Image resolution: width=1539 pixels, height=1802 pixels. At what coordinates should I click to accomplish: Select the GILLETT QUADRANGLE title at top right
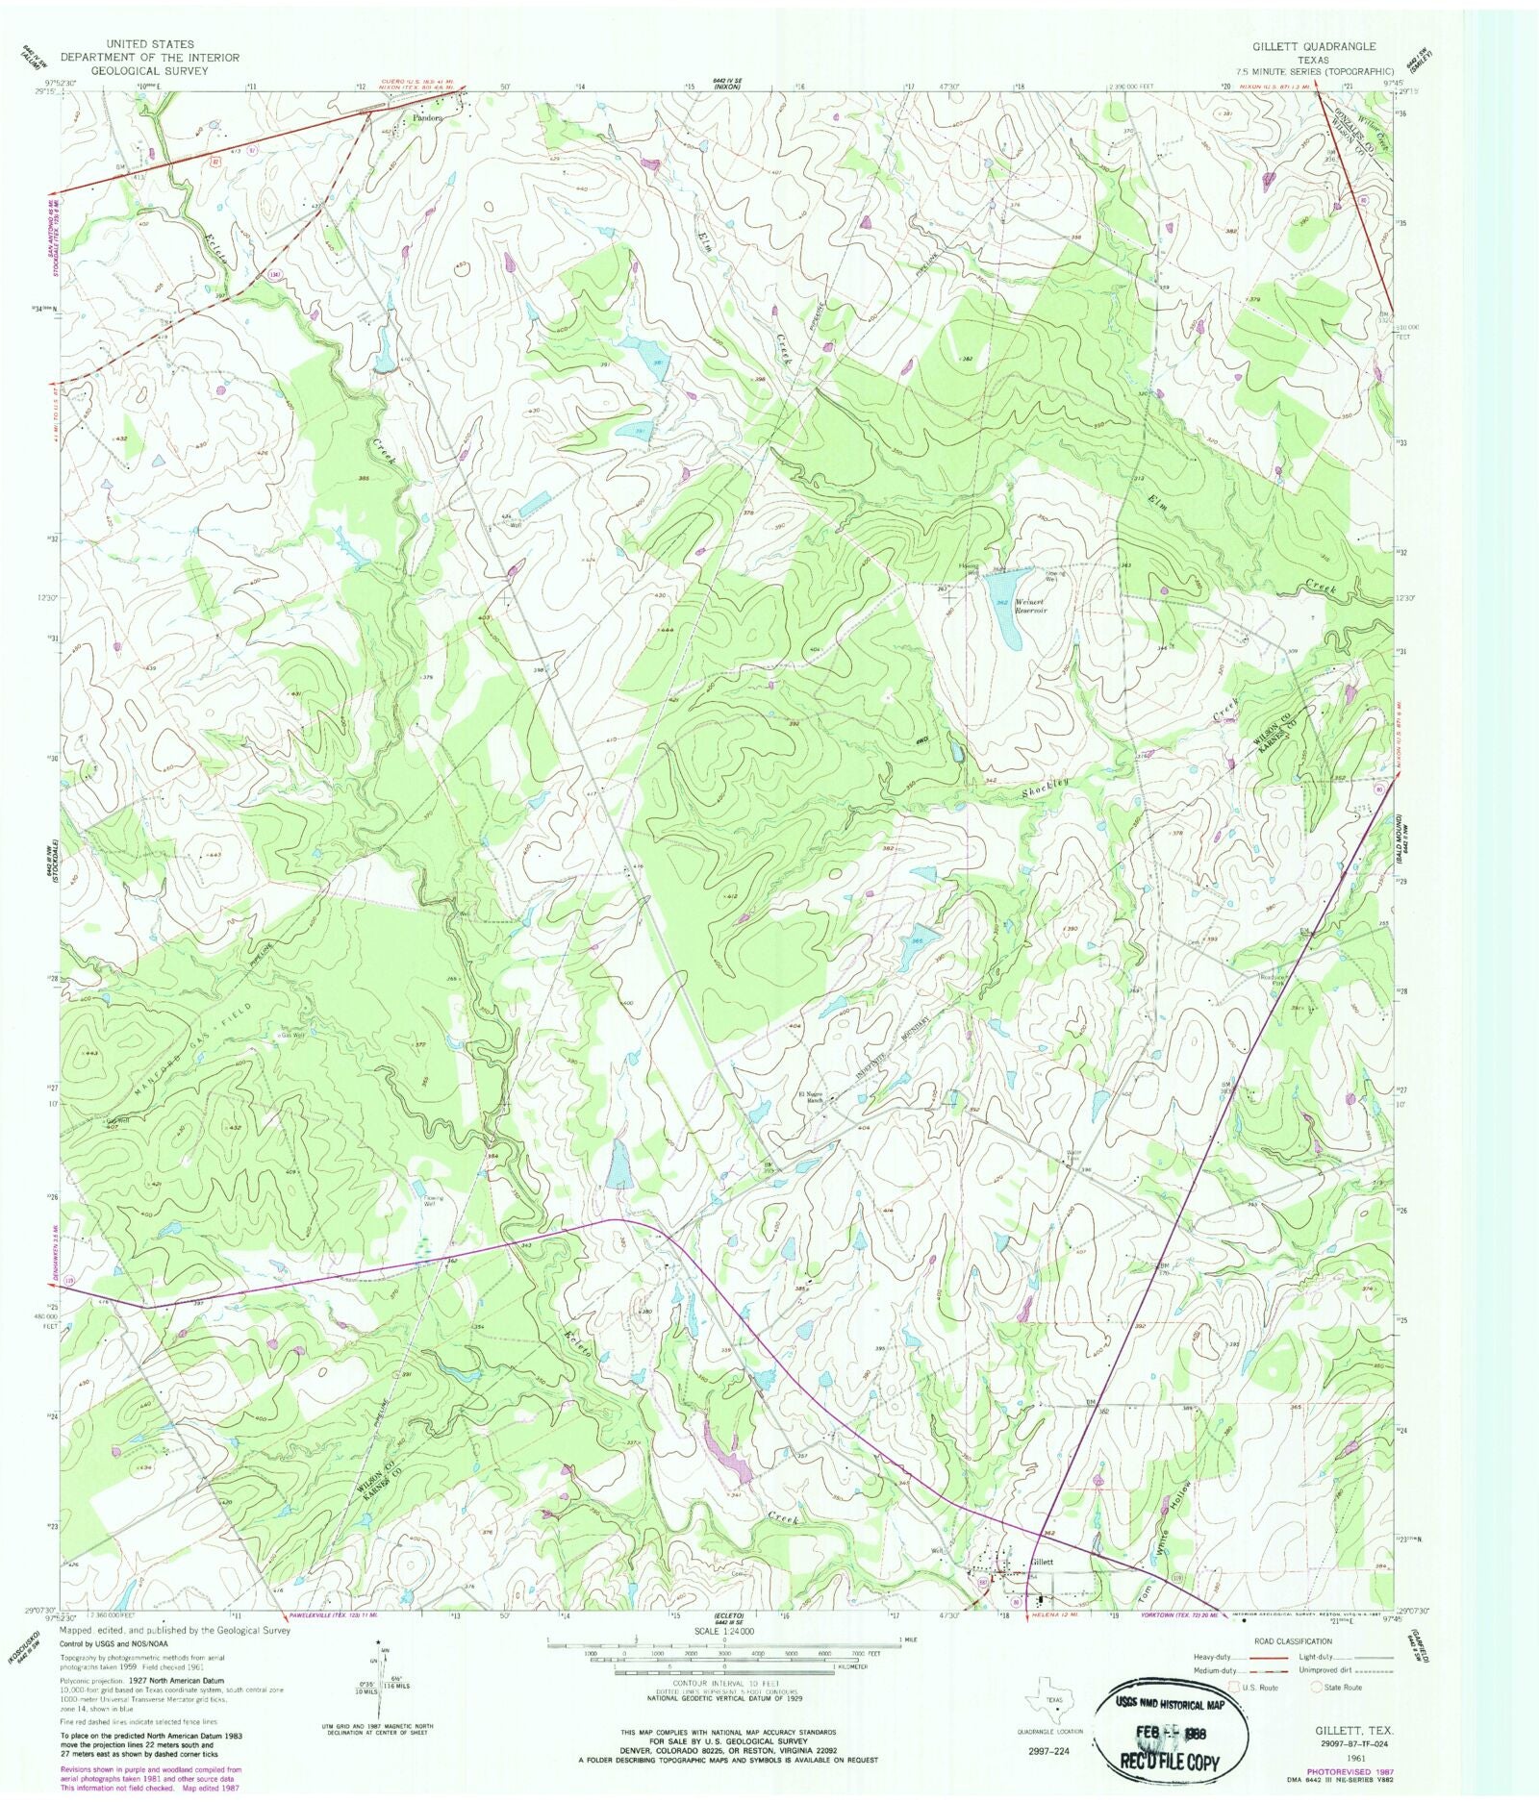coord(1314,46)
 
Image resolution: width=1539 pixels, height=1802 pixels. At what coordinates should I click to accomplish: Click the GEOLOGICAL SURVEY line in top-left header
coord(150,70)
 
